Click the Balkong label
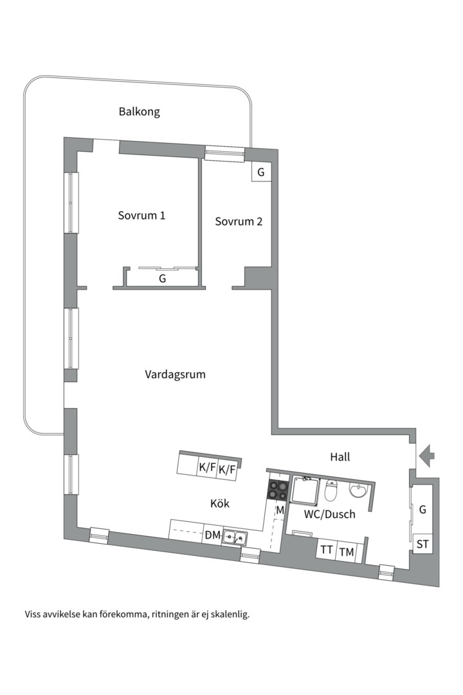(139, 111)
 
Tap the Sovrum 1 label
(141, 215)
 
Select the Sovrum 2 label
(239, 221)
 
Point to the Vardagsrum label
(175, 374)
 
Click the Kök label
(219, 503)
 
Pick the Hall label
(340, 457)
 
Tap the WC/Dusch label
(330, 514)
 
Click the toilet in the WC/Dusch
(332, 491)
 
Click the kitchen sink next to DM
(235, 536)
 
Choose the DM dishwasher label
(212, 535)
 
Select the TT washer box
(327, 550)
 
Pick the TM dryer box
(347, 551)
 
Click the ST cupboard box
(422, 544)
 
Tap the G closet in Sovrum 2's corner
(260, 172)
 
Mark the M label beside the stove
(280, 510)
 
